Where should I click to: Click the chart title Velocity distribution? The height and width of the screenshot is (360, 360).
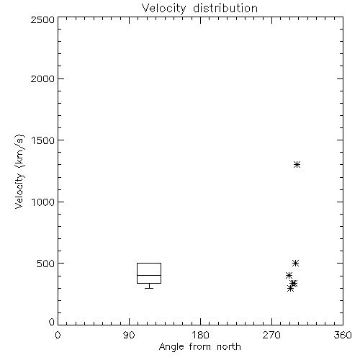(199, 8)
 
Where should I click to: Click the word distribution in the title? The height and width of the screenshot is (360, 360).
(225, 8)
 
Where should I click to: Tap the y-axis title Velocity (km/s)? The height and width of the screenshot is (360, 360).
(19, 172)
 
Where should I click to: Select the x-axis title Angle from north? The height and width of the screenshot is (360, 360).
(199, 347)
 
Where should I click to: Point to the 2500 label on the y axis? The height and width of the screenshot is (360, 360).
(42, 19)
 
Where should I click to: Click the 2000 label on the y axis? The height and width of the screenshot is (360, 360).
(42, 78)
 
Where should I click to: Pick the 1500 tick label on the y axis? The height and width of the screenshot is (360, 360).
(43, 140)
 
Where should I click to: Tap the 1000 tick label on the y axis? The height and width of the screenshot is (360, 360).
(43, 202)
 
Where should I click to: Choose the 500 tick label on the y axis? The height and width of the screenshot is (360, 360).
(46, 264)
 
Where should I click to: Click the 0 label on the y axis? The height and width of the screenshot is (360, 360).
(52, 322)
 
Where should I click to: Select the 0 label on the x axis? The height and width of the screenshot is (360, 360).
(58, 335)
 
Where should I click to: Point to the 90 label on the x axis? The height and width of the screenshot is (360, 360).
(129, 335)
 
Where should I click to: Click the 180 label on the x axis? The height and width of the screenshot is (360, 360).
(200, 335)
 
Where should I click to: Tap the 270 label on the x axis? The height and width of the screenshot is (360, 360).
(271, 335)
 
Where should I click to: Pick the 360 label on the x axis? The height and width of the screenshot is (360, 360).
(343, 335)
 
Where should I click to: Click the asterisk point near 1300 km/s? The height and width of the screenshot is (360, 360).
(297, 164)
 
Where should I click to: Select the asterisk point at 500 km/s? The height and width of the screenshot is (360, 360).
(296, 263)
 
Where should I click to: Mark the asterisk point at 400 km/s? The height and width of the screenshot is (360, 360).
(289, 275)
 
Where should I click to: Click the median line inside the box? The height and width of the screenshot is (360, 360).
(149, 275)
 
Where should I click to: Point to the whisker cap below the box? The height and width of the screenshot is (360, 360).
(149, 288)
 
